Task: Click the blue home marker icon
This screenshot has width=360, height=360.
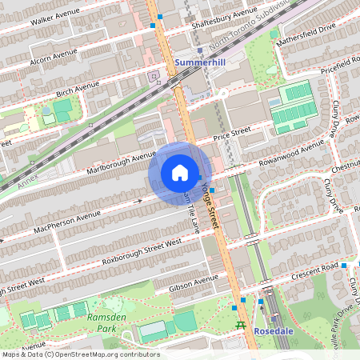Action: [x=180, y=173]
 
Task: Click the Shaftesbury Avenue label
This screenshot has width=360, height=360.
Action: [x=224, y=17]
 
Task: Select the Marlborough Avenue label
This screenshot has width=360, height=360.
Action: [x=121, y=158]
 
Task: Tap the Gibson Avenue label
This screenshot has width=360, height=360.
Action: [x=193, y=281]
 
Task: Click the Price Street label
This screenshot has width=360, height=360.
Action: [x=230, y=134]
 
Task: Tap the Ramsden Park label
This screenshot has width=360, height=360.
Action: [x=101, y=322]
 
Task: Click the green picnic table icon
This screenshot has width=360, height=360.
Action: [x=240, y=325]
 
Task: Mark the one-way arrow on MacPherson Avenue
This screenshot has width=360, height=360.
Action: [x=139, y=200]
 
